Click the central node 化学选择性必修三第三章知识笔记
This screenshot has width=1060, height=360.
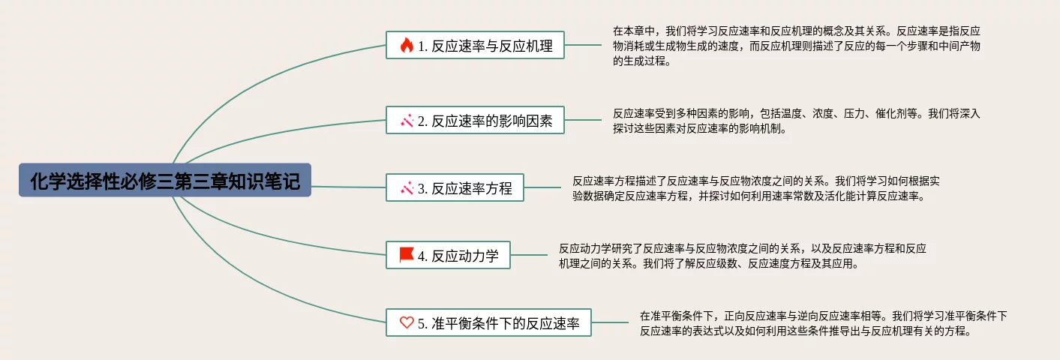165,180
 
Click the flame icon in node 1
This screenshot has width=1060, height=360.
407,45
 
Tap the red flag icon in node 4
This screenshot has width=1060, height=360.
407,255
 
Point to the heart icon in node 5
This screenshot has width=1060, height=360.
407,322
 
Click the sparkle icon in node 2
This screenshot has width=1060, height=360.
407,120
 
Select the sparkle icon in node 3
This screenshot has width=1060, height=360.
407,187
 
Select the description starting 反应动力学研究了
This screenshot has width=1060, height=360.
743,256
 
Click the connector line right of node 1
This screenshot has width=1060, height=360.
583,45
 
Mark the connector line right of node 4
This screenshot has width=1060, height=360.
529,255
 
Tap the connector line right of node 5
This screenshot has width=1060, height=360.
610,322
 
